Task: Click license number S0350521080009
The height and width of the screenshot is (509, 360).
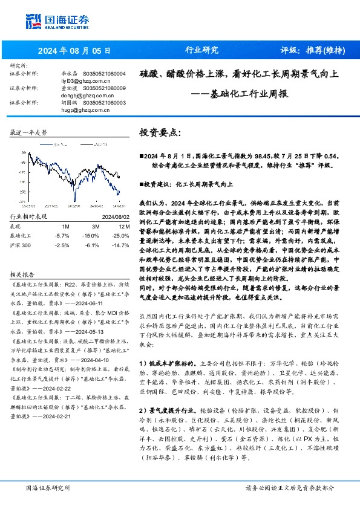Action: [104, 88]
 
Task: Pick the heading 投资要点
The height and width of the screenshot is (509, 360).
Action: [160, 132]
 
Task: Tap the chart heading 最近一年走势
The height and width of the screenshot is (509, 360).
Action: [29, 132]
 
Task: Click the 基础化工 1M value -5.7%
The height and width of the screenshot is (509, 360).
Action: [62, 235]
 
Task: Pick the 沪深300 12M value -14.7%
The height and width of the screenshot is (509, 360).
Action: [122, 245]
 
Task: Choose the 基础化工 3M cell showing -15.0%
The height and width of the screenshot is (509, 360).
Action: [91, 235]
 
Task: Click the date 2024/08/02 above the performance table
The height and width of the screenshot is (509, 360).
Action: [113, 216]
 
